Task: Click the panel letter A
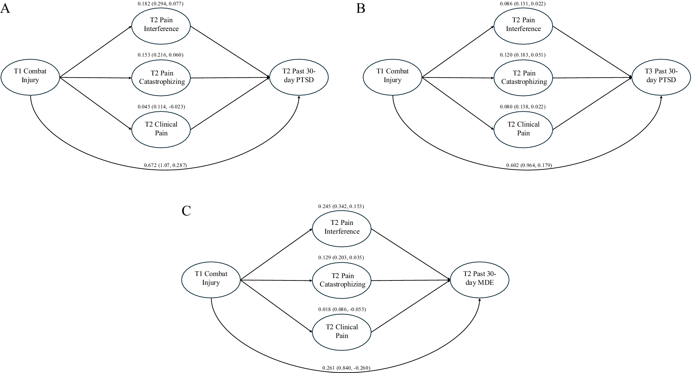[x=5, y=8]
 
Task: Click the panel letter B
[x=360, y=8]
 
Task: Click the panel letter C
[x=186, y=211]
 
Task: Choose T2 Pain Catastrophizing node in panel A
[x=161, y=77]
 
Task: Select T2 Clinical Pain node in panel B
[x=523, y=129]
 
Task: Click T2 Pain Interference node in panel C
[x=342, y=227]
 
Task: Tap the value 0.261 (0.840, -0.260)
[x=346, y=368]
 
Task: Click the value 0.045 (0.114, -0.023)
[x=161, y=107]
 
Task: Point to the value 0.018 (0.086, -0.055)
[x=342, y=309]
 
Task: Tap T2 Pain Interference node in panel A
[x=161, y=25]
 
